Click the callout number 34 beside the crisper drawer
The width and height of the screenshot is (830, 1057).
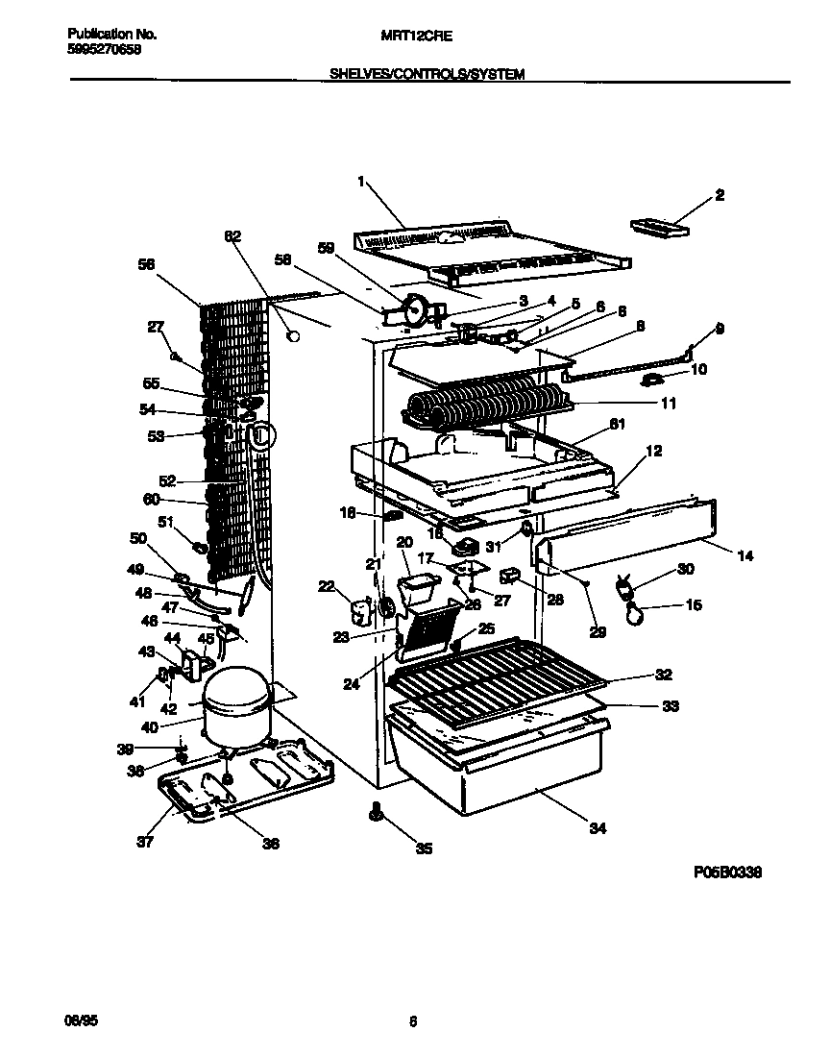click(x=598, y=829)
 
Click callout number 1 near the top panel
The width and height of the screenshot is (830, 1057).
click(x=360, y=181)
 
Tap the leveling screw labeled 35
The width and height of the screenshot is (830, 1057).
click(x=376, y=814)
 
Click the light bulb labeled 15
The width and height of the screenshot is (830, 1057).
click(x=633, y=613)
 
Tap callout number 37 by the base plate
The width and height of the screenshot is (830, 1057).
click(x=144, y=844)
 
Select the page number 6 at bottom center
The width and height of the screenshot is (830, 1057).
click(x=412, y=1021)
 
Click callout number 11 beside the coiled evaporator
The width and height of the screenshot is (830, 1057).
click(x=667, y=404)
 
